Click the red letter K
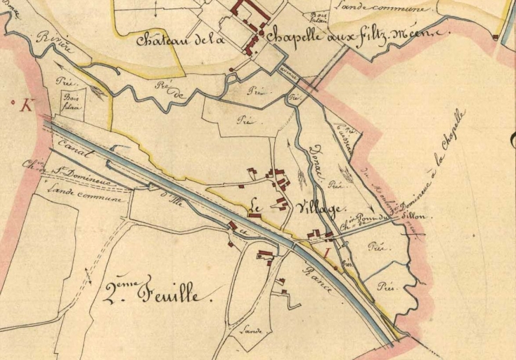27,106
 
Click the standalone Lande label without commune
251,330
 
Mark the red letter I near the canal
325,252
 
